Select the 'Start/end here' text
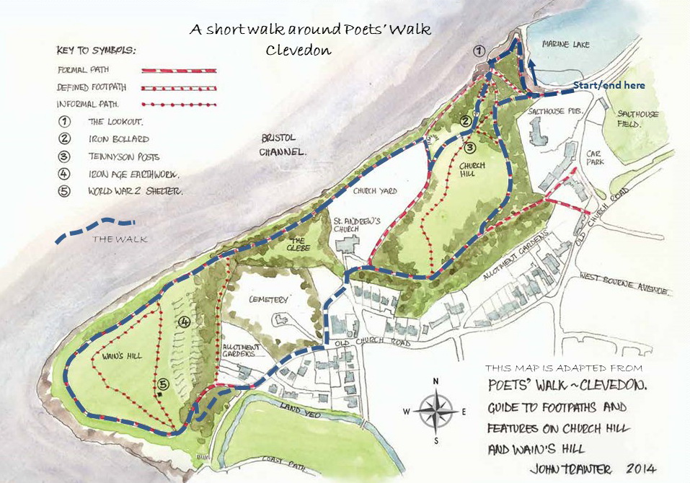609,85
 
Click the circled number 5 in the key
64,191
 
